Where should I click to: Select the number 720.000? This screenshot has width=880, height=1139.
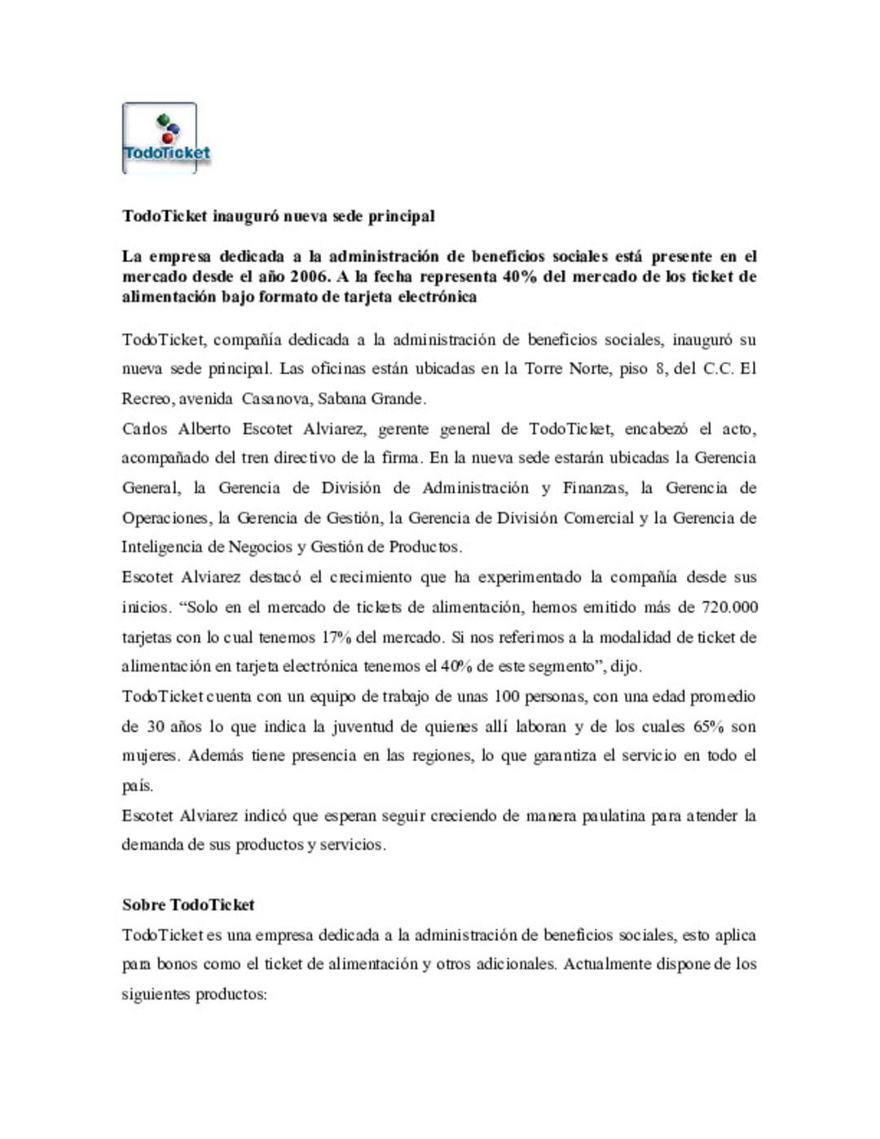click(729, 608)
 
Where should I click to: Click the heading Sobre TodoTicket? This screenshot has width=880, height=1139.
click(188, 905)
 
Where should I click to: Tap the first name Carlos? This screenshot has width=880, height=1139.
click(144, 429)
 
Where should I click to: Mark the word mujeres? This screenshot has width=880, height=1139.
click(149, 756)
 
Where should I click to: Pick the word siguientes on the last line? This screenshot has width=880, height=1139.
click(156, 995)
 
